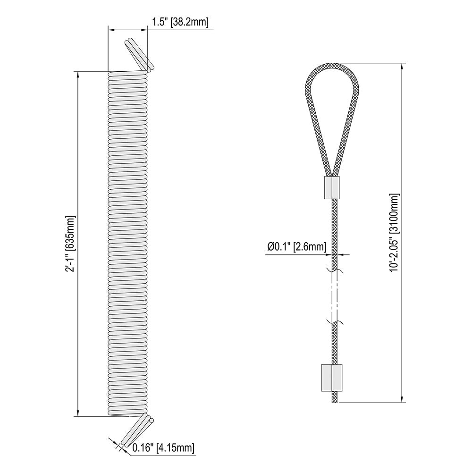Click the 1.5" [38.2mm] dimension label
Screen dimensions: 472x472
[180, 22]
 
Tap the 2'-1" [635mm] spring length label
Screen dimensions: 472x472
[70, 244]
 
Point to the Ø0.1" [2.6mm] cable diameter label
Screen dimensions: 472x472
[296, 247]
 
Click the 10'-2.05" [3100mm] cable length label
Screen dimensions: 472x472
[394, 233]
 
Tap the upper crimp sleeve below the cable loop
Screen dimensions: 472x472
[332, 187]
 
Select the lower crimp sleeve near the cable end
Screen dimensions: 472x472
[332, 378]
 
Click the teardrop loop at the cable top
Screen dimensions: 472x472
[307, 99]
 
